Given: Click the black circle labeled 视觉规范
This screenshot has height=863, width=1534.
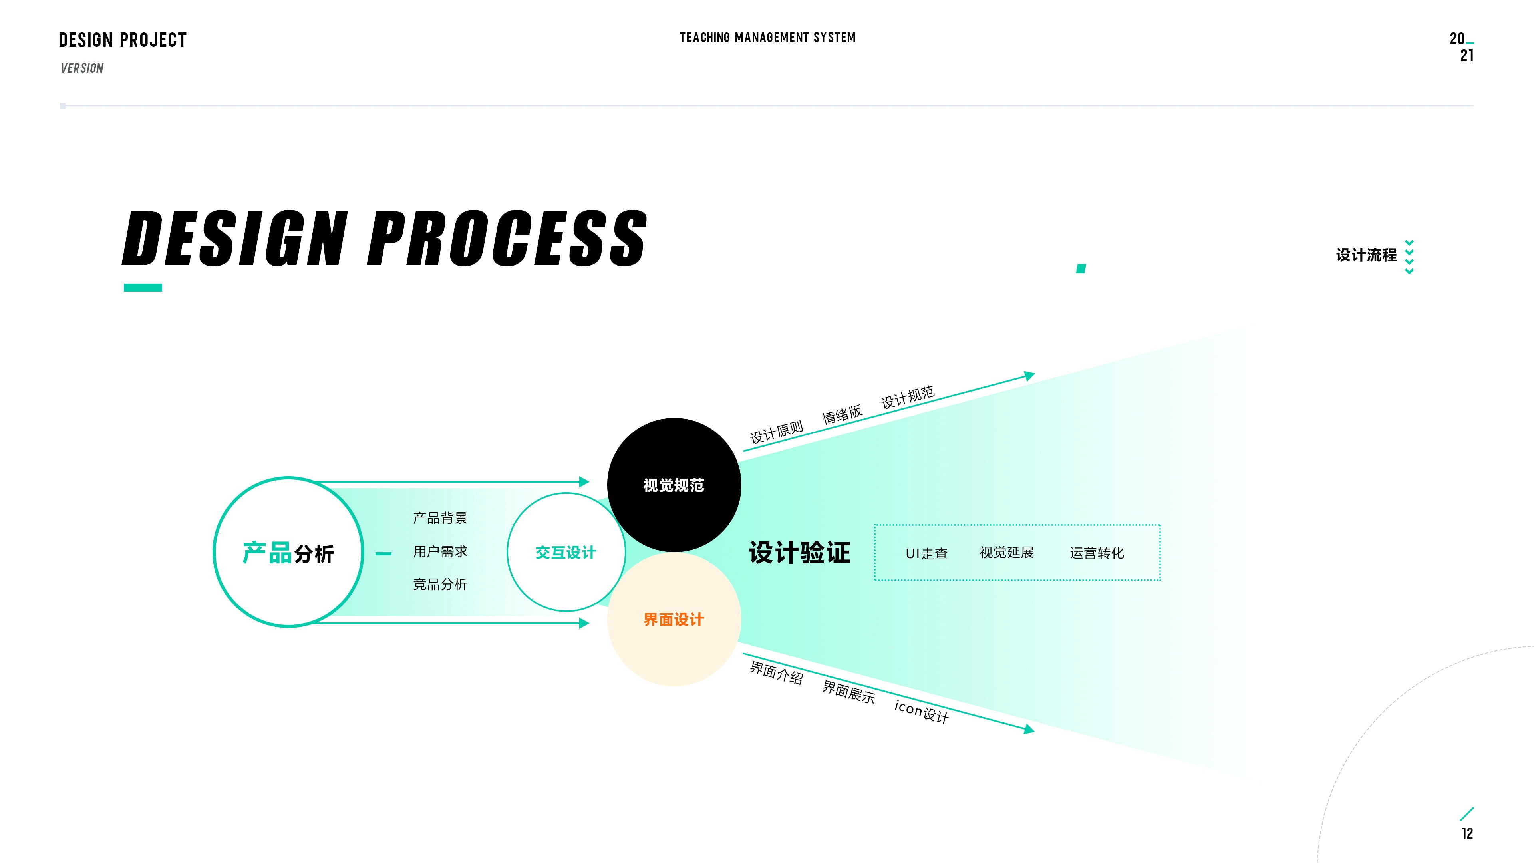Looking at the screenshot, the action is coord(674,485).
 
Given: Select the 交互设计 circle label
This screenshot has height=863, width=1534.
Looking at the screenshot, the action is coord(566,553).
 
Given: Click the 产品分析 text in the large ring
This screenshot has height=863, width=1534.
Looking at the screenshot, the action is coord(288,553).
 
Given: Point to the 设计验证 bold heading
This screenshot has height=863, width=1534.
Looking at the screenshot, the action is coord(800,553).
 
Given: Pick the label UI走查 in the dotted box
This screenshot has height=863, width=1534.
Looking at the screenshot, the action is coord(927,553).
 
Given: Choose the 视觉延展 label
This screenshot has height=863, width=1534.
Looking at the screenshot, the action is coord(1006,553).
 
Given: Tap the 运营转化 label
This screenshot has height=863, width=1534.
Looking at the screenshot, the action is coord(1097,553).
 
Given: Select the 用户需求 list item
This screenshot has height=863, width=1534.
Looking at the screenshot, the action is coord(440,551).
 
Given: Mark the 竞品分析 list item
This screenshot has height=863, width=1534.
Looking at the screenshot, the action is coord(440,584).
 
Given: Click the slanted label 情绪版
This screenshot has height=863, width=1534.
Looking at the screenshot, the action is coord(842,414).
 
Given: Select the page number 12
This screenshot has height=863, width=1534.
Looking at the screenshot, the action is coord(1467,833).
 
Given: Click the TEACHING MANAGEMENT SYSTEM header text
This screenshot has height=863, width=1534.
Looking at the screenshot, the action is coord(767,38).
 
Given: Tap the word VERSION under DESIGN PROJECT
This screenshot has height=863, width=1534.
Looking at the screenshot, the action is coord(82,68).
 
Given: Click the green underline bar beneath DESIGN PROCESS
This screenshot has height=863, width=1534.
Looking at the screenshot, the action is coord(143,288).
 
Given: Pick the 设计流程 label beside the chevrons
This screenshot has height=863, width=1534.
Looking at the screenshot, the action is coord(1366,255).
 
